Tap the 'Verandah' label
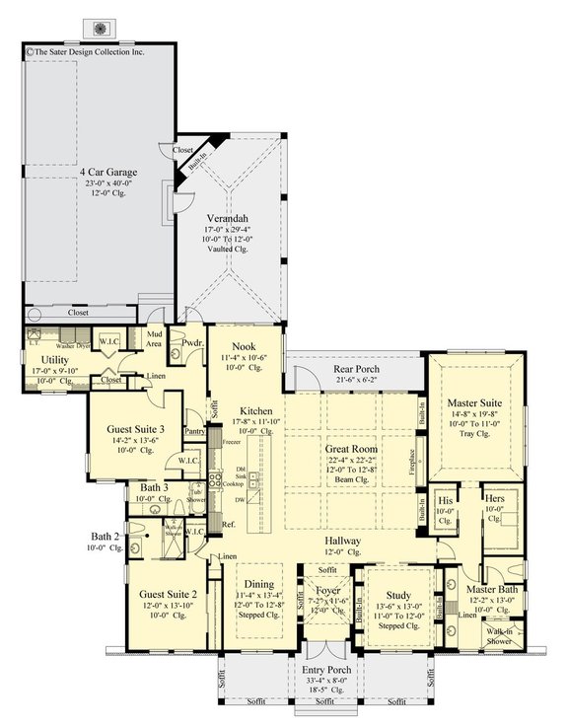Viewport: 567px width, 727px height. (226, 218)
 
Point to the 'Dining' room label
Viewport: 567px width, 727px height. (258, 585)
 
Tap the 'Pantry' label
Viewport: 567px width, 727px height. (193, 430)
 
